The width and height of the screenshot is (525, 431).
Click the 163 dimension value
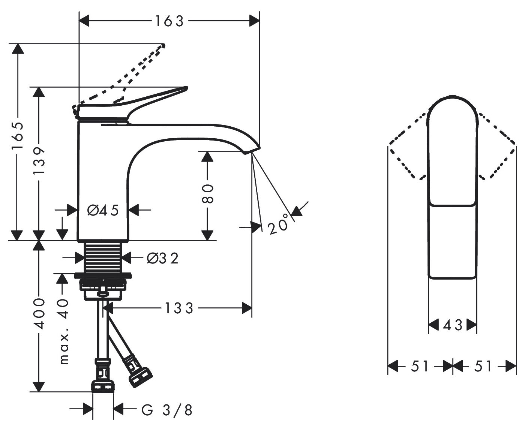pyautogui.click(x=169, y=21)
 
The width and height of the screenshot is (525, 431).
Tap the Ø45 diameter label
pyautogui.click(x=103, y=211)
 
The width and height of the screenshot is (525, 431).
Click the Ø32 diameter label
pyautogui.click(x=162, y=258)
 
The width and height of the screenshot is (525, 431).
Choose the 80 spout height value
pyautogui.click(x=207, y=193)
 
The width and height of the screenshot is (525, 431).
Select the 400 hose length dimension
pyautogui.click(x=39, y=314)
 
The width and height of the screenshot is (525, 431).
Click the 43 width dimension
pyautogui.click(x=452, y=325)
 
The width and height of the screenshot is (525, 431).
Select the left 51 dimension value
pyautogui.click(x=419, y=366)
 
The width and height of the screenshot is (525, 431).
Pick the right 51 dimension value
pyautogui.click(x=483, y=366)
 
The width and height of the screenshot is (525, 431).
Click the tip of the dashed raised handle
pyautogui.click(x=163, y=46)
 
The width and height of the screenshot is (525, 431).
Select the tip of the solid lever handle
pyautogui.click(x=184, y=89)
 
